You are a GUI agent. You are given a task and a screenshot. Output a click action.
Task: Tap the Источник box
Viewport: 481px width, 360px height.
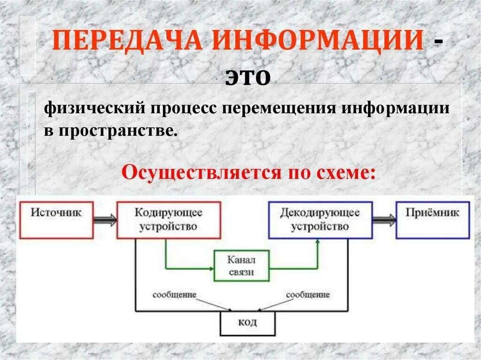(56, 220)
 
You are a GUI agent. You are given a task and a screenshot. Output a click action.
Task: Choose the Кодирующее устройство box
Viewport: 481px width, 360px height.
(169, 220)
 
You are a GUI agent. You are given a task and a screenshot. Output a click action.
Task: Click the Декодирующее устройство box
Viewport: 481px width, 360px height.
(320, 220)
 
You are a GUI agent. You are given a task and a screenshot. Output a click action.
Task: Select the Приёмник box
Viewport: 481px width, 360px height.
(432, 220)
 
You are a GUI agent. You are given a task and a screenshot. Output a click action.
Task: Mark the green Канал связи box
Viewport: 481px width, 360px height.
(241, 266)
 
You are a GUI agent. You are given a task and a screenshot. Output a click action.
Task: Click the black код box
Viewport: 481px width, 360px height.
(248, 323)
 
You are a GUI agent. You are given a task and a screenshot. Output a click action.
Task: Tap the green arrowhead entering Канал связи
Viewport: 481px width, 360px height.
(211, 268)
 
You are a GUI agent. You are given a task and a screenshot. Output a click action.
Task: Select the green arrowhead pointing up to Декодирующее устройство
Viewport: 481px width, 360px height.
(318, 242)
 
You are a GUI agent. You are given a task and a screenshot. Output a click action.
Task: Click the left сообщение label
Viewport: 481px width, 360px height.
(174, 295)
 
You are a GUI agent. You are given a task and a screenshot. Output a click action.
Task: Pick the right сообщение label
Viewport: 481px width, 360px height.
(308, 295)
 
